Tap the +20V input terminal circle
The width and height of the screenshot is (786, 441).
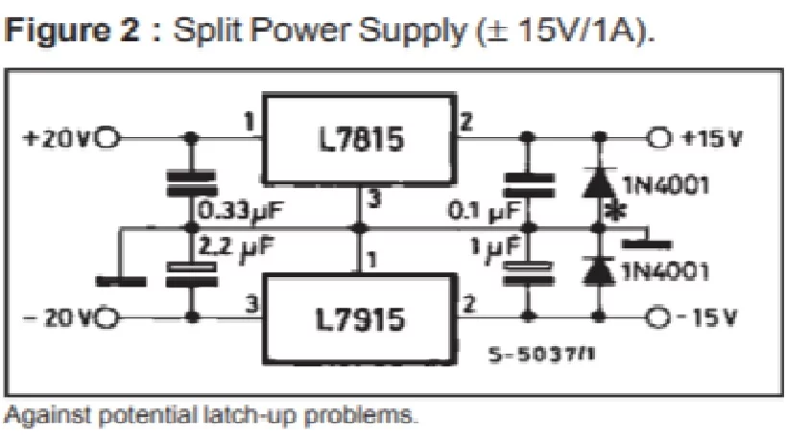point(107,137)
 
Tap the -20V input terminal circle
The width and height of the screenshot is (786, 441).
point(107,315)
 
